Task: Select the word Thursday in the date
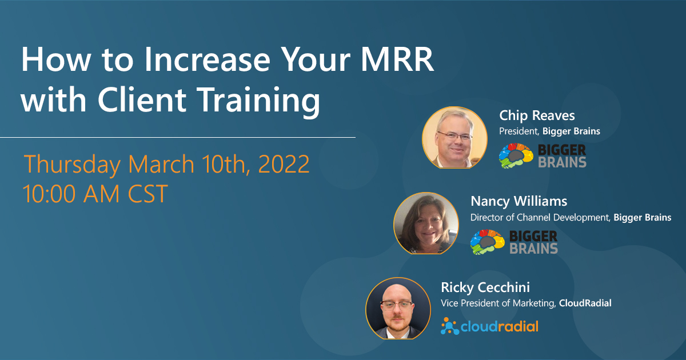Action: click(x=72, y=165)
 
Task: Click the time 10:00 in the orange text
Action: click(x=48, y=194)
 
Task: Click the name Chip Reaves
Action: click(x=536, y=117)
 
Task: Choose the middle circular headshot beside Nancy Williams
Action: click(x=426, y=223)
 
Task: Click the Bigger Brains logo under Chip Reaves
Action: click(x=543, y=155)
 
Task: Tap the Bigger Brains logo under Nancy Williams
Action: click(x=514, y=242)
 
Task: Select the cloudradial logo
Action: click(x=489, y=327)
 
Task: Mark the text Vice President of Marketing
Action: click(x=497, y=303)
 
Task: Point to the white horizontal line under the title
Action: click(x=177, y=138)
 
